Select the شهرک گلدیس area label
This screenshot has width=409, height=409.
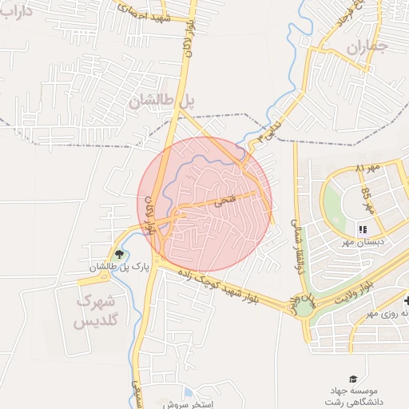95,312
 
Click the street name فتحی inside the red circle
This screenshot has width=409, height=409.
225,201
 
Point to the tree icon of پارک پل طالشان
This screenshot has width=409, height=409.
120,255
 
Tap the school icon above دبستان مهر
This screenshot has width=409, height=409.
363,229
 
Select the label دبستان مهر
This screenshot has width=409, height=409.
364,241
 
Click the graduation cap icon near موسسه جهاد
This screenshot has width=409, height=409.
352,378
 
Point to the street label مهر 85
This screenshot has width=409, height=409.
368,202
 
